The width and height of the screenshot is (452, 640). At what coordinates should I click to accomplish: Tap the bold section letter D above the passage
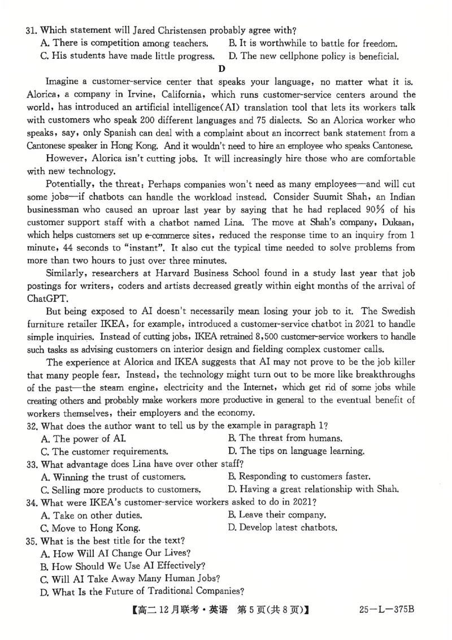[x=221, y=69]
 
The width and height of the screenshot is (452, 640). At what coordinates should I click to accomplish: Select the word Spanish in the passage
[x=90, y=133]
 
